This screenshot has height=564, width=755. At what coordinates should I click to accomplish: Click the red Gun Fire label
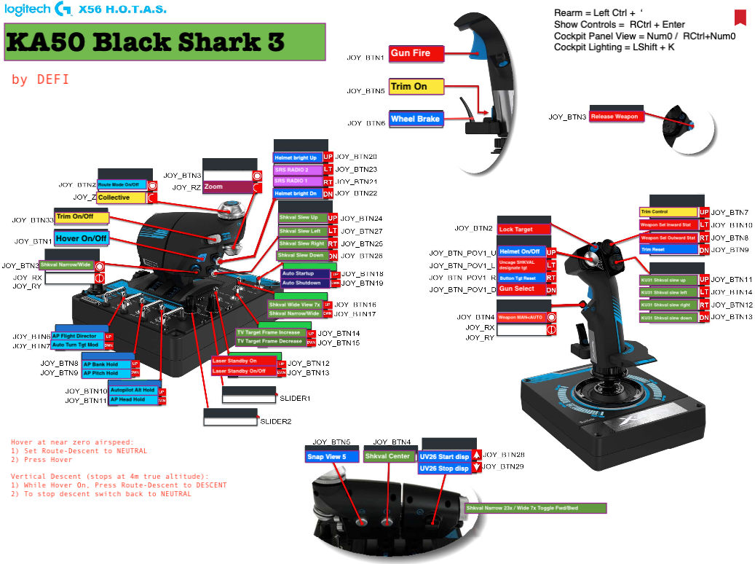point(416,53)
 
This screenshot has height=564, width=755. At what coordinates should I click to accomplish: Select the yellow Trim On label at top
point(416,87)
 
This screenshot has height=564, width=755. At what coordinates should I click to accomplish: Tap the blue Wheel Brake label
point(416,119)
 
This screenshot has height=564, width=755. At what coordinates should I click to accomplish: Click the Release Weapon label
point(614,117)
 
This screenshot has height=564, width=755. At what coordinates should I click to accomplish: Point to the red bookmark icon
point(740,17)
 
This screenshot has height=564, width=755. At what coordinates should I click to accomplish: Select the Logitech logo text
point(28,9)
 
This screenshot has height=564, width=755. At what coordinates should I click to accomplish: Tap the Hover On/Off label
point(82,238)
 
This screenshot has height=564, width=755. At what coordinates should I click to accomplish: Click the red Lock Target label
point(523,230)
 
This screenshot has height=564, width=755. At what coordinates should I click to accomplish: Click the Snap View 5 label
point(332,457)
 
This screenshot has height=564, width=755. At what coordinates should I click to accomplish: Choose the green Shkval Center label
point(388,457)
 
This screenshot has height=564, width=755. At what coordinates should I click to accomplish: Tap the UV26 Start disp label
point(444,457)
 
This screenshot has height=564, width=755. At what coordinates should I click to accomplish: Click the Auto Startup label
point(304,273)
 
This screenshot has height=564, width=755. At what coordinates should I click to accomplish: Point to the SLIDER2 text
point(276,422)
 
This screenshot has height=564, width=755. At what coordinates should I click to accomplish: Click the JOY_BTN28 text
point(504,455)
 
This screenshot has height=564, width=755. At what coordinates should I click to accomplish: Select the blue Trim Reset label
point(668,250)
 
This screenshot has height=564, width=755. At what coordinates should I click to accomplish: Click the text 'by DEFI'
point(41,79)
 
